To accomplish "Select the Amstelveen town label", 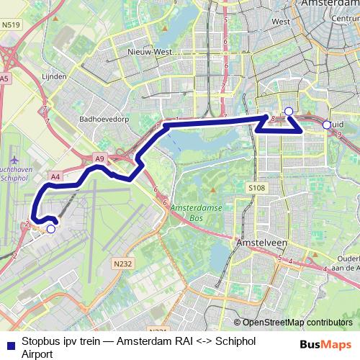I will click(257, 244).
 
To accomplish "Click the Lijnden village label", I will click(55, 76).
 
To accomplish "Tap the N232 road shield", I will click(123, 264).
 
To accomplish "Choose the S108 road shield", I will click(257, 187).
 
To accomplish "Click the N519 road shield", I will click(11, 24).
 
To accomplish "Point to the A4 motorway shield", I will click(55, 175).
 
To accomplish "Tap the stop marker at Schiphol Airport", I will click(50, 229).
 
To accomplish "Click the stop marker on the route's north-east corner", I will click(289, 111).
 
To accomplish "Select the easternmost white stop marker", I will click(327, 125).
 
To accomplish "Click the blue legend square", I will click(9, 343).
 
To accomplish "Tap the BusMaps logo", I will click(325, 343).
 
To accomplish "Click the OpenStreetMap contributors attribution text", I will click(292, 323).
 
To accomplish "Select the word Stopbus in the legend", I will click(37, 343).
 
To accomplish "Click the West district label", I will click(281, 22).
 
